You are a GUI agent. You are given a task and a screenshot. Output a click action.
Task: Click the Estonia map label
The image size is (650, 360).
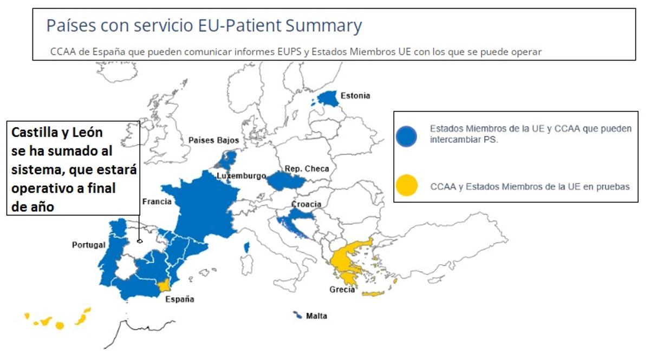coord(355,96)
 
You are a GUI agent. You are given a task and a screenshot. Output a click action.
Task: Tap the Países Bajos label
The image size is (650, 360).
coord(213,140)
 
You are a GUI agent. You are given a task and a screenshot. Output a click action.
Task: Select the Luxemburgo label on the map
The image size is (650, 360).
coord(241,176)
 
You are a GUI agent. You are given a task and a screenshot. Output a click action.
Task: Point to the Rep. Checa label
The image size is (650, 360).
coord(307,169)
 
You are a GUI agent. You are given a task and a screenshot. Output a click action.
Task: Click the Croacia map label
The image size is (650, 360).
coord(306,204)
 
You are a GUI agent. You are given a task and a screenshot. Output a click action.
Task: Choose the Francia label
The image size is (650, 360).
coord(157,202)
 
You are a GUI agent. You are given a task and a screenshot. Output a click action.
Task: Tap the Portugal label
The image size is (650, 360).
coord(88,245)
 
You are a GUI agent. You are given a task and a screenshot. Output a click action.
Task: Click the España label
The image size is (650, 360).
coord(180,299)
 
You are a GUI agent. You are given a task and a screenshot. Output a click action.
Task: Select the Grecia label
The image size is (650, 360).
coord(342,290)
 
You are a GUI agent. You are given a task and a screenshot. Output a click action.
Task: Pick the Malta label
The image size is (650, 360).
coord(316,316)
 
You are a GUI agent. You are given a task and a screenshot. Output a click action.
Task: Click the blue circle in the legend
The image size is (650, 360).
coord(406,136)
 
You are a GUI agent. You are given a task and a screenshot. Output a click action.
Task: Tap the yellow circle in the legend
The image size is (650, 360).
coord(406,186)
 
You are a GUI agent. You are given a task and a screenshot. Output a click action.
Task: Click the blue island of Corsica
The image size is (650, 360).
coord(247,247)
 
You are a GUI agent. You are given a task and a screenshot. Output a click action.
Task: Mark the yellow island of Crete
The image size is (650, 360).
coord(373,293)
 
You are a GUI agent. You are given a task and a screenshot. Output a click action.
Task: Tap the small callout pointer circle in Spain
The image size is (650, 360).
coord(140,241)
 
